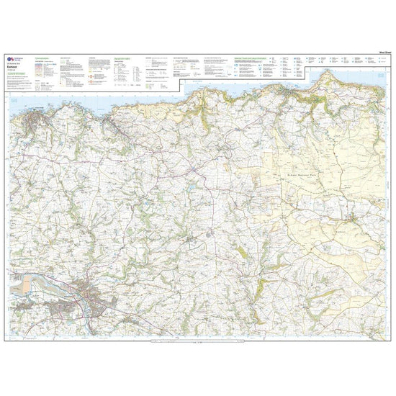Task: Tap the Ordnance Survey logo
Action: (9, 59)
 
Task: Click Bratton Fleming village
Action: (191, 238)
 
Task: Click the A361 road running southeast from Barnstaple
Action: (144, 317)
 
